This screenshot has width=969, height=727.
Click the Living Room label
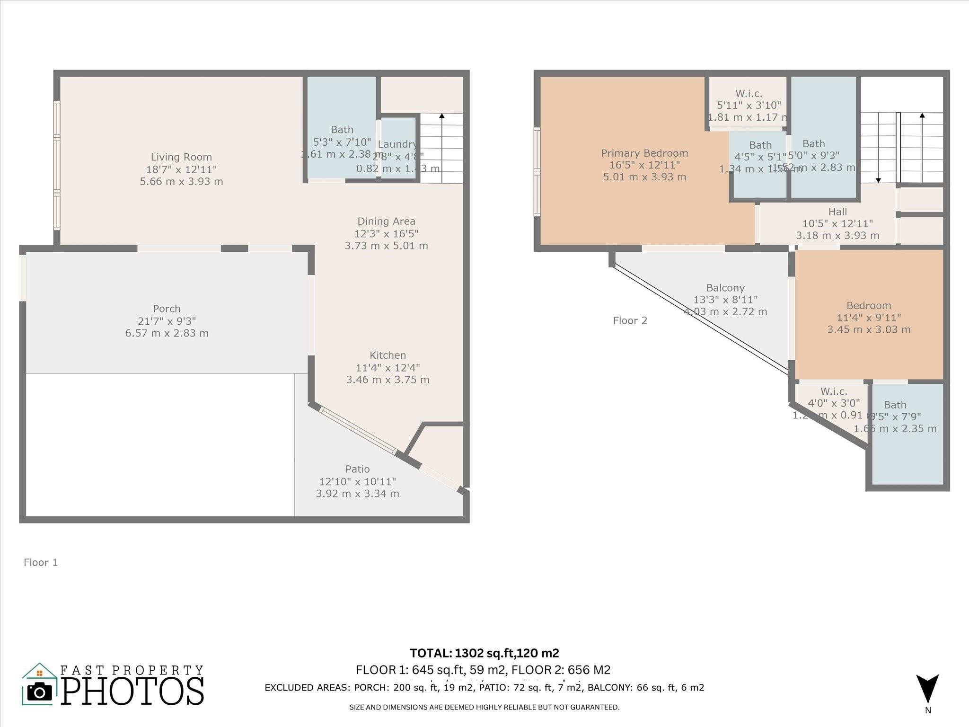tap(181, 157)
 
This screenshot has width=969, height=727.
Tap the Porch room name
tap(167, 309)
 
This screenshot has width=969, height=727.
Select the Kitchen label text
tap(388, 355)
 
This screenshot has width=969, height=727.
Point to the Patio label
tap(357, 469)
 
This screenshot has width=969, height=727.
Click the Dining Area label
tap(386, 221)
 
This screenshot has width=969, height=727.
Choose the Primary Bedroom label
tap(644, 153)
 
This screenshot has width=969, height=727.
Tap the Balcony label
tap(725, 288)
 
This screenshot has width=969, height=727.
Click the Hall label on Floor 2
tap(837, 212)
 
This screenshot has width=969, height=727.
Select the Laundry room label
tap(397, 144)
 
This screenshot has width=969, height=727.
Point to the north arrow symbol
tap(927, 689)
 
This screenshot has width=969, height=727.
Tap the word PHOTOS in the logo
tap(132, 691)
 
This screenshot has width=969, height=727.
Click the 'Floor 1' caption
tap(41, 562)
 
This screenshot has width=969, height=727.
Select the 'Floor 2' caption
tap(630, 320)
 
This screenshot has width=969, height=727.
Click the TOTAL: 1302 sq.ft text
tap(484, 653)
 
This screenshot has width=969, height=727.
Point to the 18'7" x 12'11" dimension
tap(181, 169)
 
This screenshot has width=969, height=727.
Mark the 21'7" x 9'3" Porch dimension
tap(167, 321)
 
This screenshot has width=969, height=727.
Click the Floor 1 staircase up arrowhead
tap(442, 115)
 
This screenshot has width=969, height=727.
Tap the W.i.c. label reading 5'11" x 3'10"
tap(749, 94)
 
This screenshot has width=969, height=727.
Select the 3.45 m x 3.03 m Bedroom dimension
tap(869, 330)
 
